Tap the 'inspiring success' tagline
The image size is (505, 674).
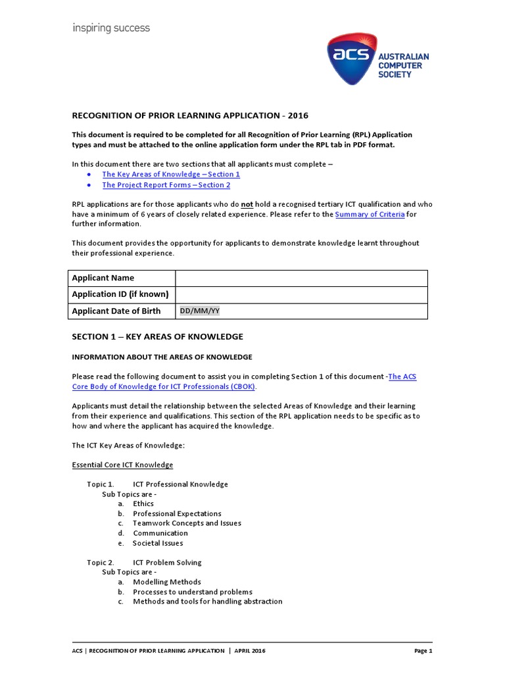coord(110,28)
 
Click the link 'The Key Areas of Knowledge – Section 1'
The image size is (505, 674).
coord(171,174)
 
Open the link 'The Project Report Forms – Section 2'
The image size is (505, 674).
coord(166,185)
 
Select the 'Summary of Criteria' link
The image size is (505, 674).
coord(369,215)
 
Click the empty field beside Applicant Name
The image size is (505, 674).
coord(301,278)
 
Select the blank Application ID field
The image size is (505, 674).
coord(301,294)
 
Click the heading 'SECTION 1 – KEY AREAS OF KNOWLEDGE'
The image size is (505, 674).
coord(157,336)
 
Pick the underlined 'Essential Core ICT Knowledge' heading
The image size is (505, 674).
coord(122,465)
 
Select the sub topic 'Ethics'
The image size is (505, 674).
coord(143,504)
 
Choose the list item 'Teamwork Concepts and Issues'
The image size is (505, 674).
coord(187,523)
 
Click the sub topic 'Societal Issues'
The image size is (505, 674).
coord(158,543)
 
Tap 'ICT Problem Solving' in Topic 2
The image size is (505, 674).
coord(167,562)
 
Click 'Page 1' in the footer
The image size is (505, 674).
coord(423,650)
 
